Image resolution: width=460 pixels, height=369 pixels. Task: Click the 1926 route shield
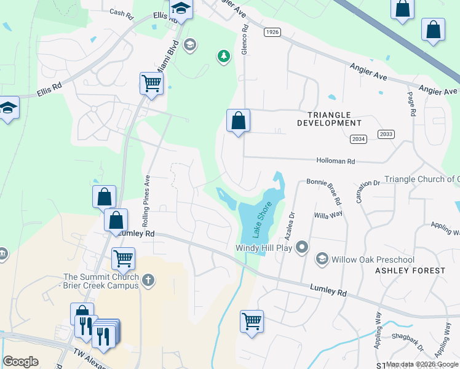click(272, 31)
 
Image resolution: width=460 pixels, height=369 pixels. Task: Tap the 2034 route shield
click(358, 140)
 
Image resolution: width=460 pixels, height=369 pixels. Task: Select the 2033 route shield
click(386, 134)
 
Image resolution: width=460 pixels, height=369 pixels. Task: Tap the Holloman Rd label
click(336, 161)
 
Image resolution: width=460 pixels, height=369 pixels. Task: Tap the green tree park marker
click(223, 57)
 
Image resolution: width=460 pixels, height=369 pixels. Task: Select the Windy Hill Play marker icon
click(301, 247)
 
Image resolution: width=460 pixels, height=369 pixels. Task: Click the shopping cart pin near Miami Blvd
click(151, 84)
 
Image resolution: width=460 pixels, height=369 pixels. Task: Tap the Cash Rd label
click(121, 12)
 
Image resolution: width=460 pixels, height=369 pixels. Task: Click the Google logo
click(20, 362)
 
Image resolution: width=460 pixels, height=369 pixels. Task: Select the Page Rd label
click(411, 105)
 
